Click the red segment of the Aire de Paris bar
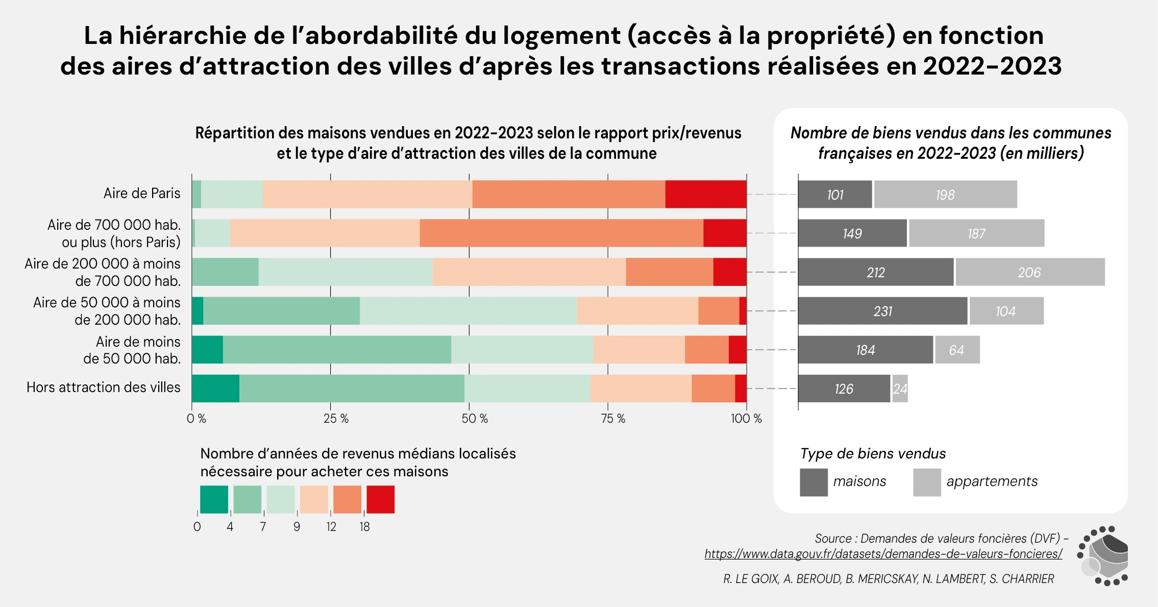click(705, 194)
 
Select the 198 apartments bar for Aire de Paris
click(945, 194)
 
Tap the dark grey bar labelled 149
click(852, 233)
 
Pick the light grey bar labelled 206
click(1029, 272)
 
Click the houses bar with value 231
click(882, 311)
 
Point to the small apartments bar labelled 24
click(900, 389)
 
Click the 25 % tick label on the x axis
click(336, 419)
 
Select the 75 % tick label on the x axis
click(613, 419)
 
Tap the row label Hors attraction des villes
click(104, 387)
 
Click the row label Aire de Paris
click(142, 193)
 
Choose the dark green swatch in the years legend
click(214, 499)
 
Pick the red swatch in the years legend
click(380, 499)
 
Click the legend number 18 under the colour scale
click(364, 527)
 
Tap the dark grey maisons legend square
click(814, 482)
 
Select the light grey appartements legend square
click(927, 482)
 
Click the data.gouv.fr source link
click(883, 554)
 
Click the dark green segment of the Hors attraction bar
click(215, 389)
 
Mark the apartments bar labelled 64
click(957, 350)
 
